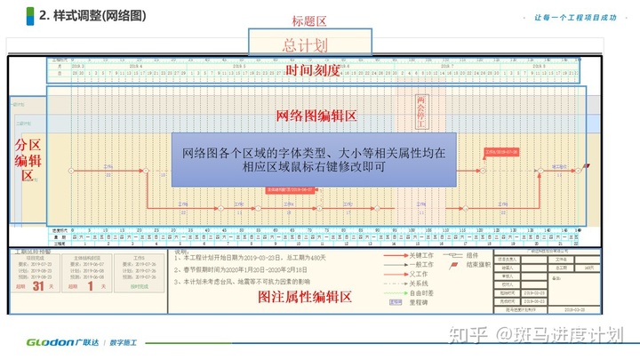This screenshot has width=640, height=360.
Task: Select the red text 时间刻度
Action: (x=312, y=70)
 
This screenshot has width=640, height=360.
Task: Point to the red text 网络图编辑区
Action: (x=316, y=116)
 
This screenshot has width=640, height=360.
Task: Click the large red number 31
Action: (x=38, y=286)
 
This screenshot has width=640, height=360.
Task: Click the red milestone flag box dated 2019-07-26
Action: (x=500, y=152)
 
